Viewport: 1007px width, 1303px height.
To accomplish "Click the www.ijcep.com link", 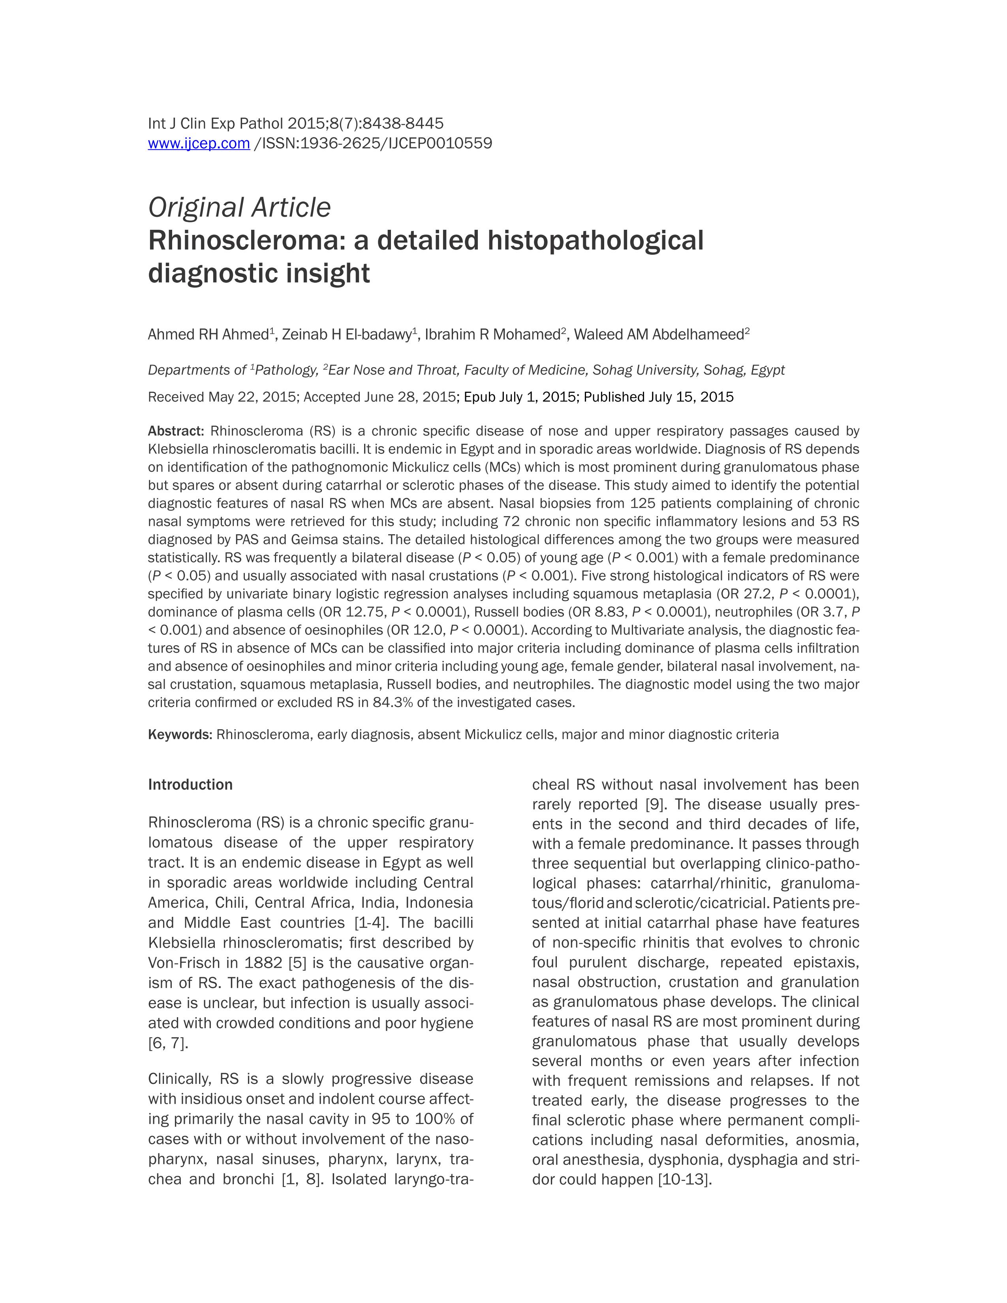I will (199, 143).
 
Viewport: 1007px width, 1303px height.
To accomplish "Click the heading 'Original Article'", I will (239, 208).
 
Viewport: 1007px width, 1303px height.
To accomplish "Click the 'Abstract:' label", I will (176, 431).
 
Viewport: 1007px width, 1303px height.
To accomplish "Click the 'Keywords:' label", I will (180, 734).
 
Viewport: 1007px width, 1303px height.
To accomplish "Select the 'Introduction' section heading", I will (190, 785).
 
